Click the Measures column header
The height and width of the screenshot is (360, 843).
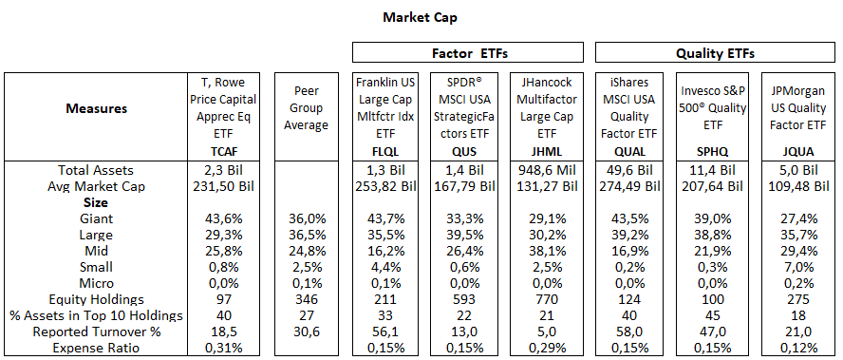pos(96,108)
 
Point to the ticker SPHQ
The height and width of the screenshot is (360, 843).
pos(713,150)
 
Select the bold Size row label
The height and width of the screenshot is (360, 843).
pos(96,202)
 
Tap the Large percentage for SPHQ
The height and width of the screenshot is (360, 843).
pos(713,235)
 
